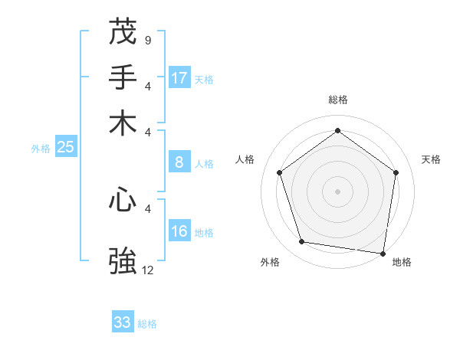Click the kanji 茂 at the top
click(x=123, y=32)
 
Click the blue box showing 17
click(x=179, y=78)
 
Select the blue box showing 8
click(x=179, y=162)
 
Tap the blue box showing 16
click(x=179, y=232)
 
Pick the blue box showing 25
click(x=65, y=148)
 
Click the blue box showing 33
click(x=123, y=322)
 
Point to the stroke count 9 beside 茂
click(x=147, y=39)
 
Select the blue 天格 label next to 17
click(x=204, y=80)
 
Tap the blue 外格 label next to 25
click(x=41, y=149)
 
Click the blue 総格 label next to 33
click(x=147, y=324)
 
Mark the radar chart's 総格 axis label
click(x=338, y=100)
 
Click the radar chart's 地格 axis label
click(x=402, y=262)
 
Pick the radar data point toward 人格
click(x=280, y=172)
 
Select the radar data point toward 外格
click(x=302, y=242)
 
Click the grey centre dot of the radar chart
click(x=338, y=191)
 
